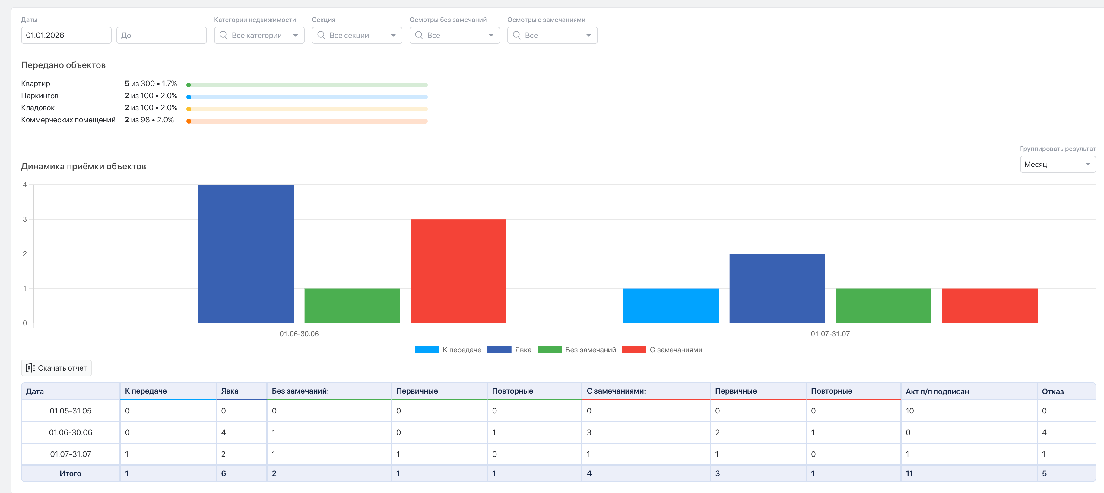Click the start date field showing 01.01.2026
(x=66, y=35)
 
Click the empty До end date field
(x=162, y=35)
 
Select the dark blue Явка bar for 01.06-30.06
(x=246, y=253)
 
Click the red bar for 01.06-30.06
(x=458, y=271)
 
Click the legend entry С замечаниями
(x=662, y=350)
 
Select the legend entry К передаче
(x=448, y=350)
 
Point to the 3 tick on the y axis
(x=25, y=219)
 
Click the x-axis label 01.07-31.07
(x=830, y=334)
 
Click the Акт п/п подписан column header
(x=937, y=391)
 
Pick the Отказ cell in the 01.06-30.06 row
(x=1045, y=432)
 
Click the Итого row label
(x=70, y=473)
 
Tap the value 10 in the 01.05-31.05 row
(x=909, y=411)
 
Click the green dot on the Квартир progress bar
(x=189, y=85)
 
